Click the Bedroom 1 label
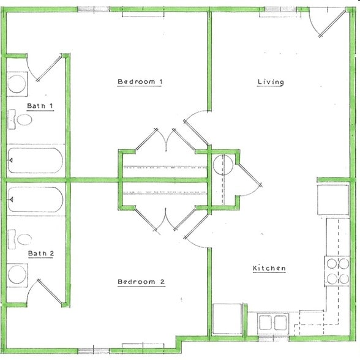click(x=139, y=82)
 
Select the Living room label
click(x=270, y=82)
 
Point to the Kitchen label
click(x=269, y=268)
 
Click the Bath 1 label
click(x=40, y=106)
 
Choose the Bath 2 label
click(x=40, y=252)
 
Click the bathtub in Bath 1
click(x=35, y=160)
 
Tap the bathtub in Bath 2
click(x=35, y=200)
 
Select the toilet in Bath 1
click(x=21, y=120)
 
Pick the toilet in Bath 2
click(x=21, y=238)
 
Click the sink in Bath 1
click(x=17, y=83)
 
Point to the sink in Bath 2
click(x=17, y=275)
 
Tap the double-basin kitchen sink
click(x=273, y=322)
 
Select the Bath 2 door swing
click(x=46, y=292)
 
